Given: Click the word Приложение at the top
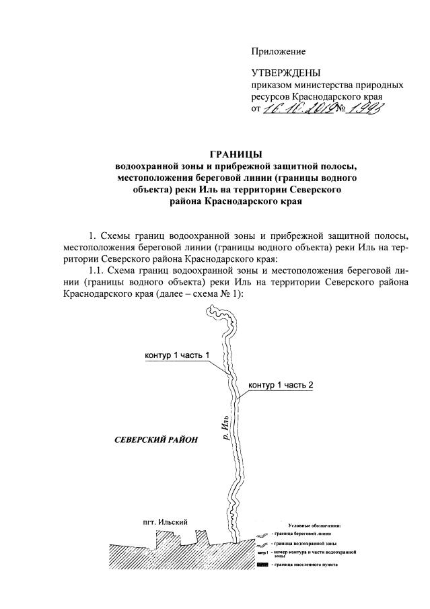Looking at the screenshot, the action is (278, 51).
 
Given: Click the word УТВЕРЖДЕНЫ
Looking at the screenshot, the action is (286, 73).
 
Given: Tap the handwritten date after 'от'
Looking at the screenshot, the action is (297, 107).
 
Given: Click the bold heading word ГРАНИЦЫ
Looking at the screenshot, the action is (236, 153).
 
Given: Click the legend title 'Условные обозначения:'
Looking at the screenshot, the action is (314, 525).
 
